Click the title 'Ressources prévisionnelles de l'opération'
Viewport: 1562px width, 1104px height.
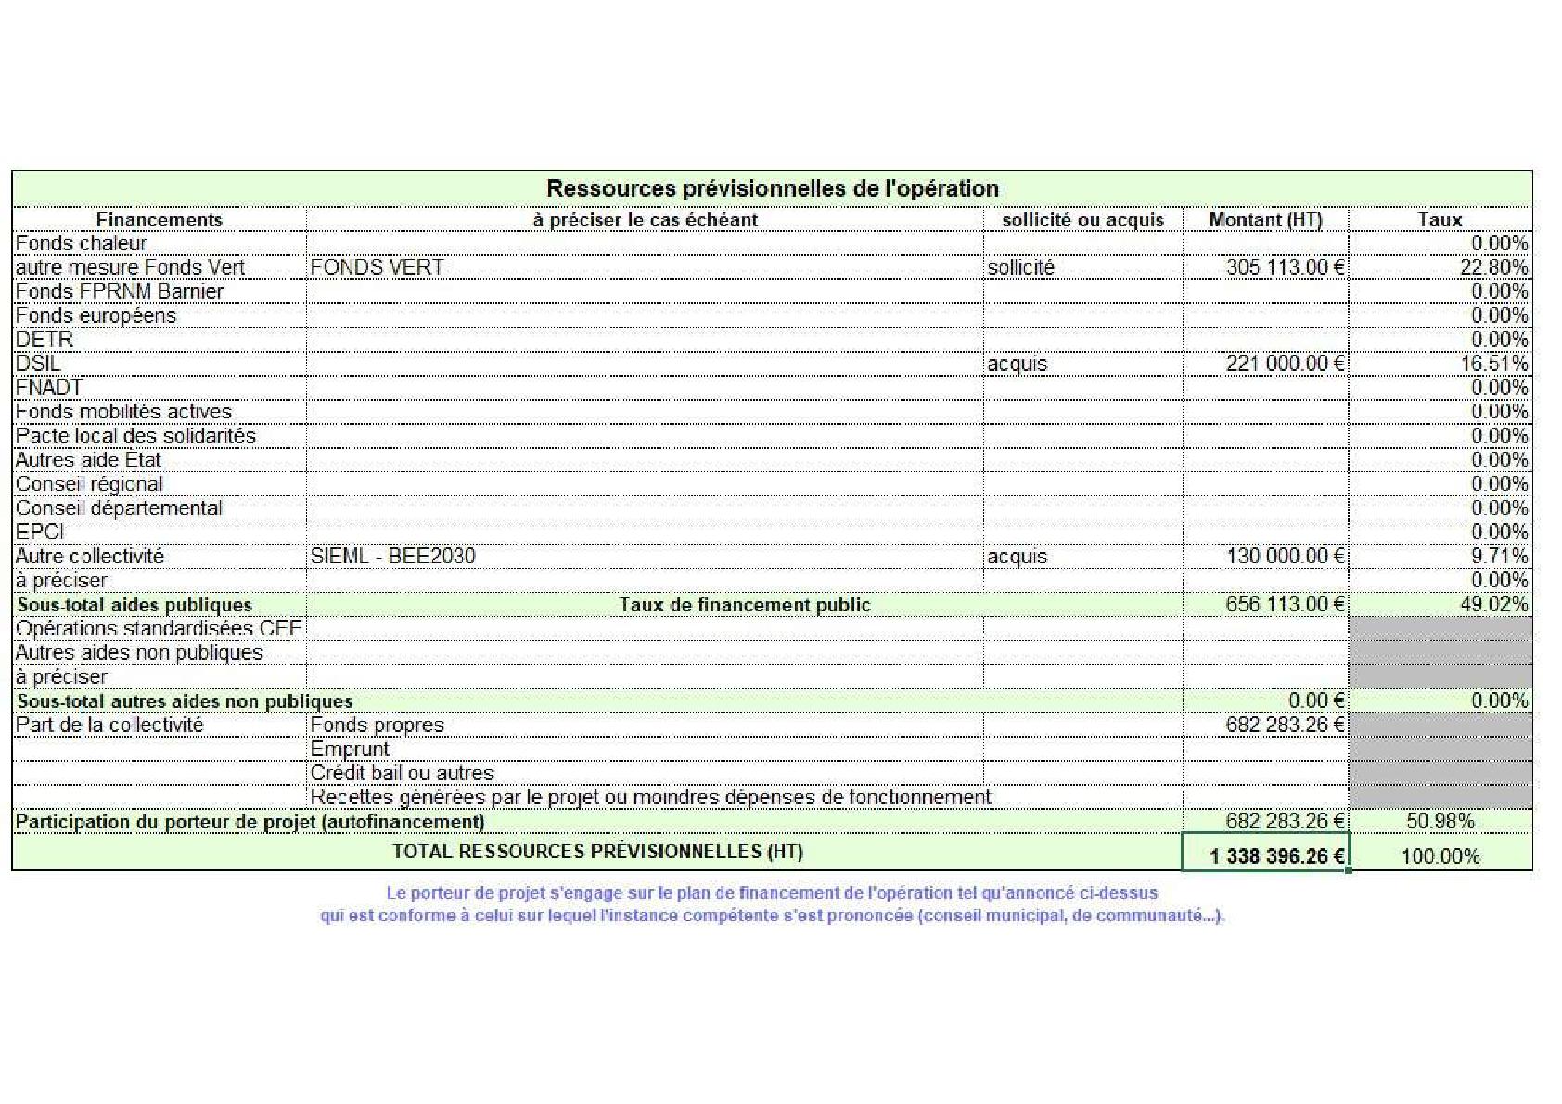coord(772,188)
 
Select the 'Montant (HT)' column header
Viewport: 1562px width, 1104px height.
coord(1265,220)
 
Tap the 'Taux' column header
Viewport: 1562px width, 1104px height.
coord(1440,220)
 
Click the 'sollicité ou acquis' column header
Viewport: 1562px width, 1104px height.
coord(1082,220)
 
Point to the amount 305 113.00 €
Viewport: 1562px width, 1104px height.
coord(1285,267)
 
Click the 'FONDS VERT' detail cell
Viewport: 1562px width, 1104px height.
coord(377,267)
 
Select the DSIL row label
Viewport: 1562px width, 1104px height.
coord(38,364)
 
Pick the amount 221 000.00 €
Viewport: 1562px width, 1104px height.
coord(1285,364)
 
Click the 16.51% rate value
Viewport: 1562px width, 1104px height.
coord(1494,364)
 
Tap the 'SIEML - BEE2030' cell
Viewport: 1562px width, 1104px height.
coord(392,556)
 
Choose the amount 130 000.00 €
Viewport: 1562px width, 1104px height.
coord(1285,556)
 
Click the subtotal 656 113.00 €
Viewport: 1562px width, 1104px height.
coord(1285,604)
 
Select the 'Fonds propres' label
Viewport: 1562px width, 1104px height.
coord(377,725)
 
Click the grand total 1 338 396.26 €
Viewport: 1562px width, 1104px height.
coord(1276,855)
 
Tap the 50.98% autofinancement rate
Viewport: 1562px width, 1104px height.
coord(1440,821)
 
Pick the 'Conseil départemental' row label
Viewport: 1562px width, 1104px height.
coord(119,507)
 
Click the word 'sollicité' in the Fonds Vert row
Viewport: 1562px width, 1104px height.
coord(1020,267)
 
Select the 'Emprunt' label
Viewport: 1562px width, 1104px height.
coord(350,749)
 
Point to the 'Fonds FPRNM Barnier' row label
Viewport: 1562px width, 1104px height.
coord(120,291)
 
